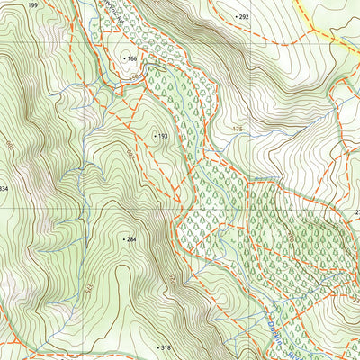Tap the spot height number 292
click(x=244, y=16)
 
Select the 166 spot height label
click(x=133, y=58)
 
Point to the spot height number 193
click(x=163, y=137)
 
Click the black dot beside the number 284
click(x=123, y=239)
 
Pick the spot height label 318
click(x=165, y=347)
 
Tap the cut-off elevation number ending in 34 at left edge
click(x=4, y=188)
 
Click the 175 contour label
click(x=238, y=130)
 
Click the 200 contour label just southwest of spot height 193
click(x=130, y=155)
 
